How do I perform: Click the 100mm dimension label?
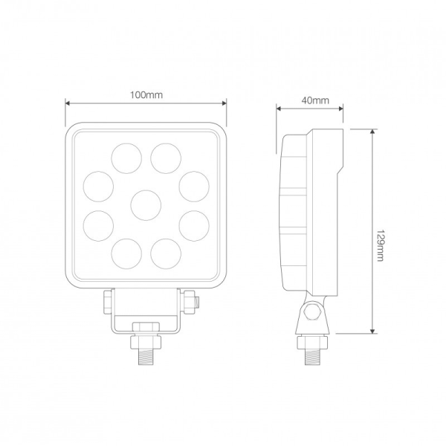point(146,94)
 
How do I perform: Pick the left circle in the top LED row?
point(126,158)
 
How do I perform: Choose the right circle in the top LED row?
point(166,158)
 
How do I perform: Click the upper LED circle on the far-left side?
point(98,185)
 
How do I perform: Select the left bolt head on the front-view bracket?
point(107,300)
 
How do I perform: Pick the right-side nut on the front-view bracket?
point(194,302)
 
